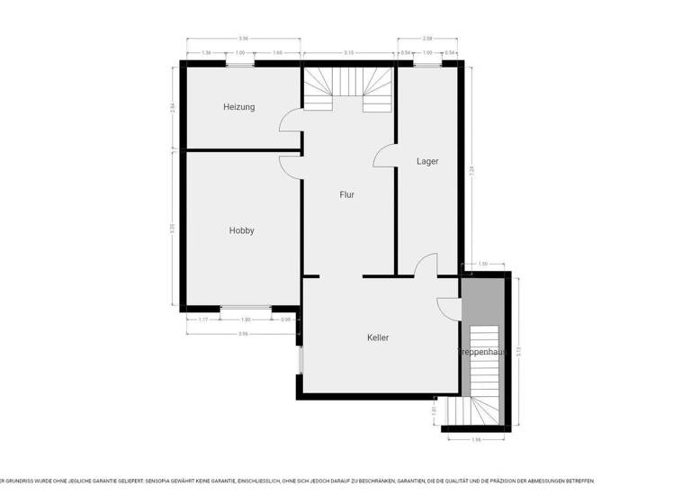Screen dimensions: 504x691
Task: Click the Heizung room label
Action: coord(239,107)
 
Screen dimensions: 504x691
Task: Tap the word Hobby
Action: coord(241,230)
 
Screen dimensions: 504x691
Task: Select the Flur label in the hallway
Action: coord(346,194)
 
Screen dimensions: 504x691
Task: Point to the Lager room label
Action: coord(427,162)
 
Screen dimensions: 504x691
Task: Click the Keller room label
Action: coord(378,337)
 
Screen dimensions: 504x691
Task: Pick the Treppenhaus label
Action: coord(484,352)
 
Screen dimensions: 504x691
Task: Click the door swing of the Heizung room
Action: coord(291,121)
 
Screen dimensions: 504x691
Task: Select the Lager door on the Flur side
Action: coord(384,157)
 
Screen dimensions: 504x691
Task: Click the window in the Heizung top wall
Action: coord(239,64)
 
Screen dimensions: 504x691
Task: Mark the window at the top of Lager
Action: coord(427,64)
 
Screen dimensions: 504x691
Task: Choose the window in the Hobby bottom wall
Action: coord(246,309)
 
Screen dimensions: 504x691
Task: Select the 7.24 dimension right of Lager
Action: coord(472,168)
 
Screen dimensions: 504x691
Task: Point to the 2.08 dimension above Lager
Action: coord(427,38)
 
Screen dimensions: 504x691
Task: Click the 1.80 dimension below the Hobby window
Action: coord(246,319)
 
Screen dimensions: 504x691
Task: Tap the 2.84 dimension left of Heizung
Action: coord(172,108)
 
